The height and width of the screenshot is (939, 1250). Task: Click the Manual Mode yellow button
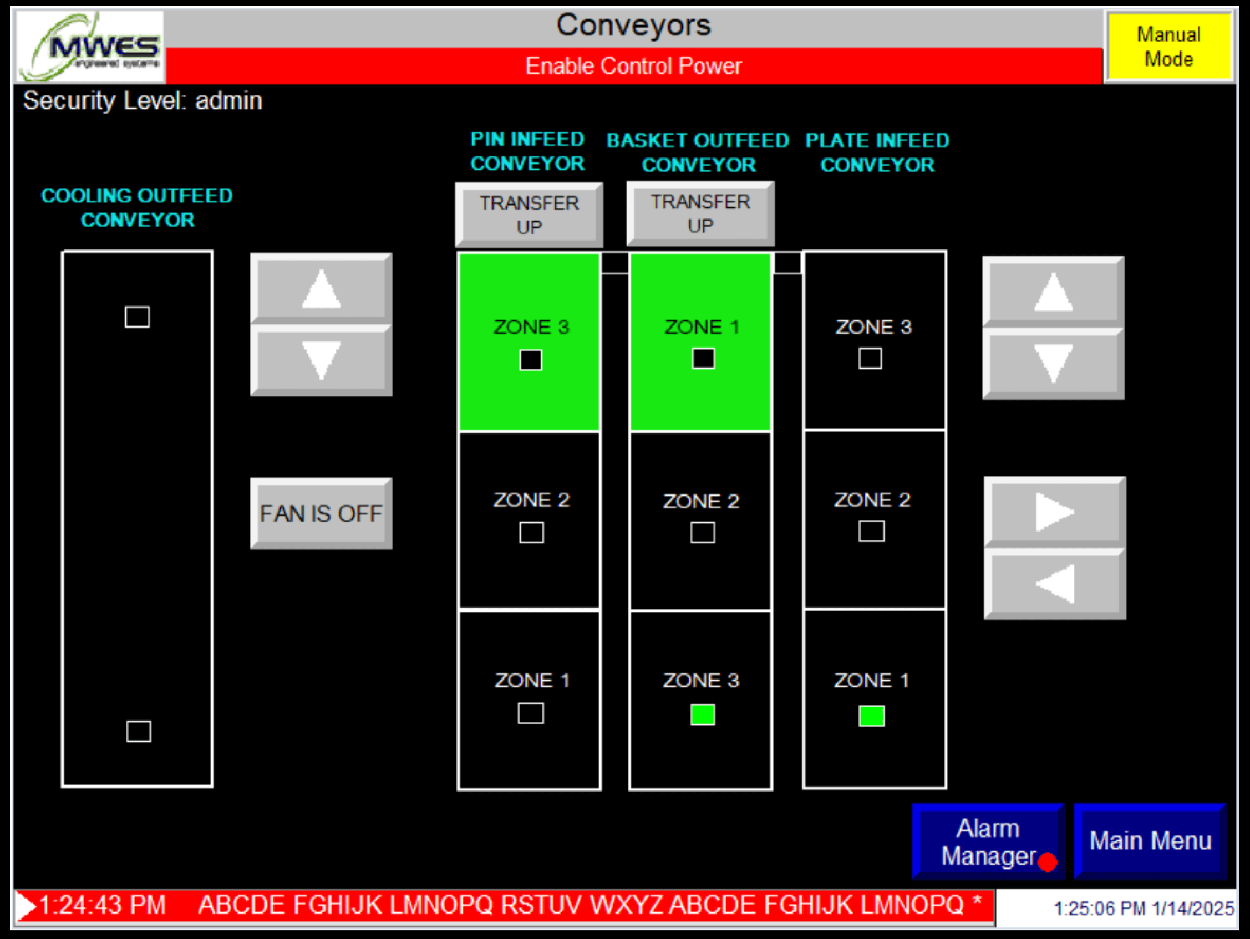pos(1168,47)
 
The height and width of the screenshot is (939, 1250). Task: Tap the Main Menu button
pos(1150,841)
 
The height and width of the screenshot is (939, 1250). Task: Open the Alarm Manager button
pos(988,841)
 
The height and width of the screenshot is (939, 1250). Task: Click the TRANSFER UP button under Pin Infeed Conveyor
pos(529,215)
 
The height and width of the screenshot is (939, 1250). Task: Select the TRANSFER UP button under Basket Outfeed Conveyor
pos(700,213)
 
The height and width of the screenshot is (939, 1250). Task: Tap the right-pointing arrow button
pos(1054,512)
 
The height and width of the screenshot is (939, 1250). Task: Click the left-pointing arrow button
pos(1054,584)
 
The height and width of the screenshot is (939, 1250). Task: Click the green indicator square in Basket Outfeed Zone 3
pos(703,715)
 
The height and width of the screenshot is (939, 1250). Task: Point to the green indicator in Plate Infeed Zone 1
pos(871,716)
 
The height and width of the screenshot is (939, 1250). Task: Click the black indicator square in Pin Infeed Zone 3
pos(531,360)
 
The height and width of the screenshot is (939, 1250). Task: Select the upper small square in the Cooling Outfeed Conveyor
pos(138,317)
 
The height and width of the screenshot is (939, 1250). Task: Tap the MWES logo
pos(90,47)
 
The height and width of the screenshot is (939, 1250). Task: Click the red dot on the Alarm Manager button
pos(1047,862)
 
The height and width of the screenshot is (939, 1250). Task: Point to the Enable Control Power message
pos(633,66)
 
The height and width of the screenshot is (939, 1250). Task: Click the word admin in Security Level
pos(228,100)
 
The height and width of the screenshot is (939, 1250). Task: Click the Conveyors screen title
pos(633,25)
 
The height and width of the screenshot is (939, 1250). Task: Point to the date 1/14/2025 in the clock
pos(1192,908)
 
